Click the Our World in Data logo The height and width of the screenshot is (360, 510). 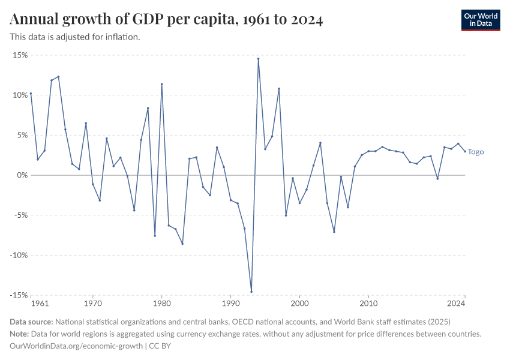point(481,20)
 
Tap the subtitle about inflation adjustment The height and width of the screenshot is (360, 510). point(75,37)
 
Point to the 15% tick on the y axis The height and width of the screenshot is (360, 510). point(20,55)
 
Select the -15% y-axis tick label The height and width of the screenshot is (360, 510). point(18,295)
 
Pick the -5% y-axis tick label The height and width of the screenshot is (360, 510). point(20,215)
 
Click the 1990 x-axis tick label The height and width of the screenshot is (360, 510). point(230,304)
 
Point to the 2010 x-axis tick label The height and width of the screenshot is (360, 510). point(368,304)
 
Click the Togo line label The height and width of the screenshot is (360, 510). point(476,152)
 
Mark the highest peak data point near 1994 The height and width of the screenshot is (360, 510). point(258,59)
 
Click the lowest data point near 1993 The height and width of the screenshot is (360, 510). point(251,292)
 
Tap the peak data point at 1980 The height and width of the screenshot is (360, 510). point(162,84)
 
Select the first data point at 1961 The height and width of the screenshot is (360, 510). point(31,94)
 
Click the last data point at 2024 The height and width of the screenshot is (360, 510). point(465,151)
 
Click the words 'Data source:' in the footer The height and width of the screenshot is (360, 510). point(31,322)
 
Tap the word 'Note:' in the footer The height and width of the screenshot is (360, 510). point(20,334)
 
